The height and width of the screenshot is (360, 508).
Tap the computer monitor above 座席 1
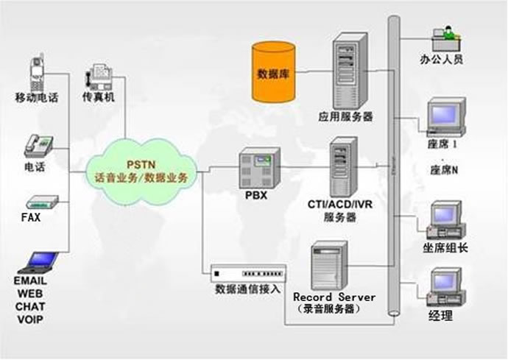446,118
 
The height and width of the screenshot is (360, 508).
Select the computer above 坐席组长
446,218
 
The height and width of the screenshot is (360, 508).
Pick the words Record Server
334,297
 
